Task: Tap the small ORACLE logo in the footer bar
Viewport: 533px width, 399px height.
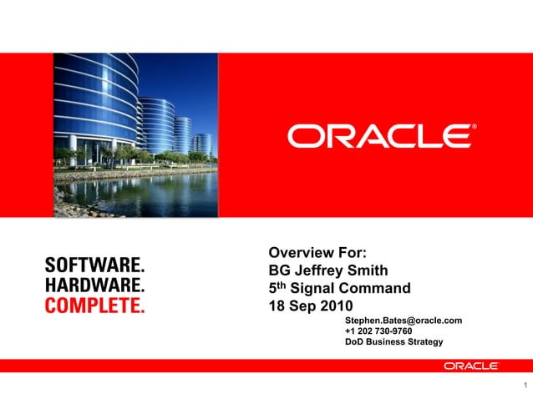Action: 470,366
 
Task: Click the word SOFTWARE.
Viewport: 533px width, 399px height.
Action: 94,265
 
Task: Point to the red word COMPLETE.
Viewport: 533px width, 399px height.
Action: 94,305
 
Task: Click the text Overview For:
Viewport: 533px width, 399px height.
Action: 317,253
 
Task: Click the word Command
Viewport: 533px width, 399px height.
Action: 378,289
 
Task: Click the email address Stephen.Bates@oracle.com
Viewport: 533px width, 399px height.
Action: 403,321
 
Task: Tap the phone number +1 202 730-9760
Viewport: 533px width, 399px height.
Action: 378,331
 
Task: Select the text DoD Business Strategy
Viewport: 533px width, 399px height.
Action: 393,342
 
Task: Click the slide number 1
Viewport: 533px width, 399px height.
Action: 524,386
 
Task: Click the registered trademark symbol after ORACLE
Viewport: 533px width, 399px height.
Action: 475,128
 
